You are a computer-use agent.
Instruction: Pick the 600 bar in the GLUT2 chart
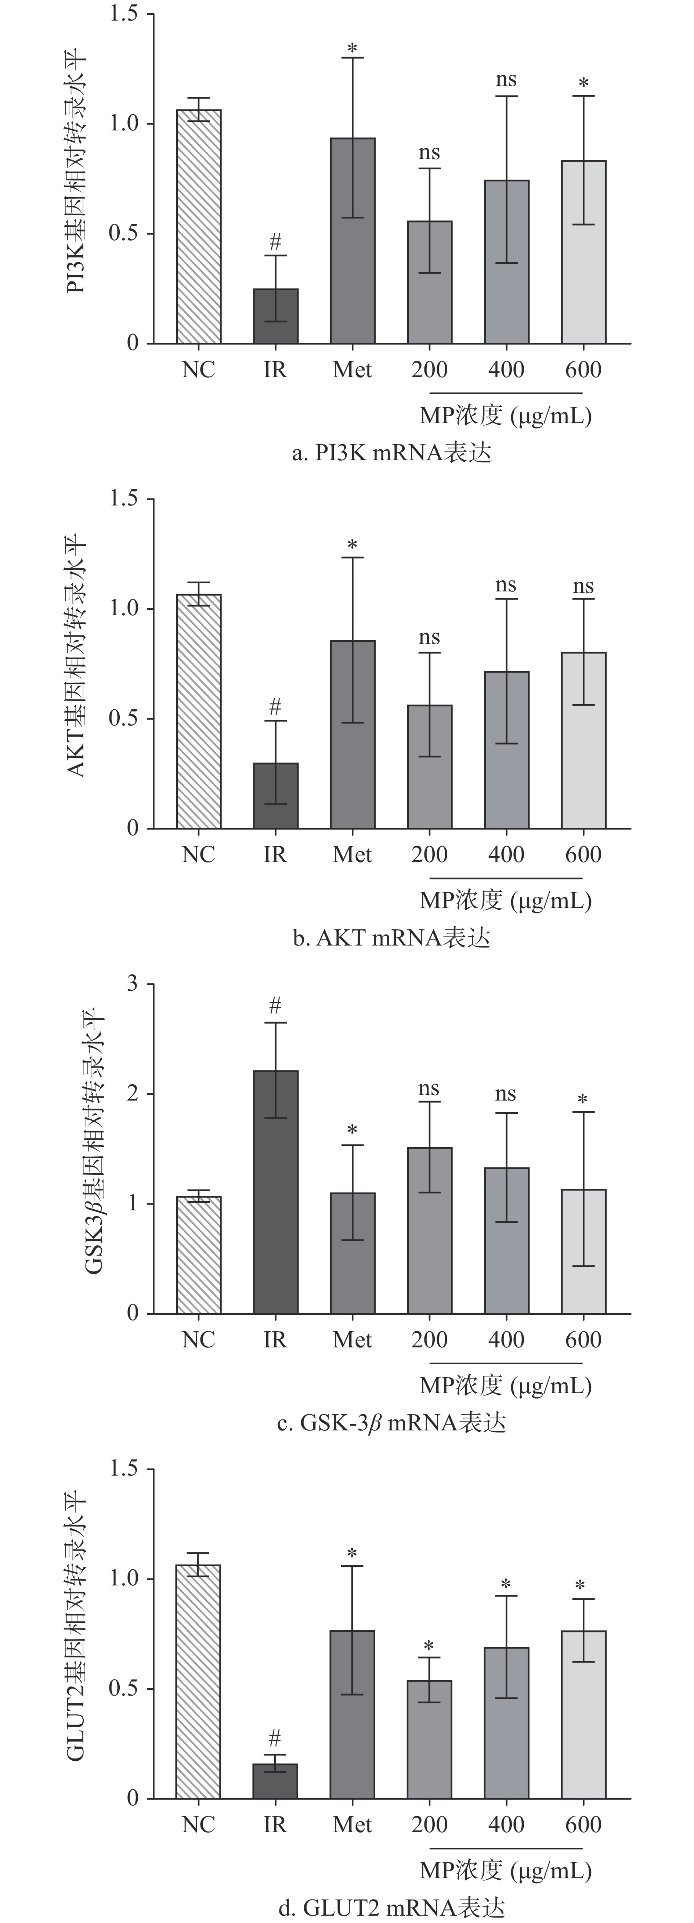(583, 1715)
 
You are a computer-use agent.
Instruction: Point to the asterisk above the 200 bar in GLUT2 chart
(429, 1647)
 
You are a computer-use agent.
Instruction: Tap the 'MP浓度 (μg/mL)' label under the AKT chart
(505, 900)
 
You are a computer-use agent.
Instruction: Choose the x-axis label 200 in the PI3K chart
(429, 370)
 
